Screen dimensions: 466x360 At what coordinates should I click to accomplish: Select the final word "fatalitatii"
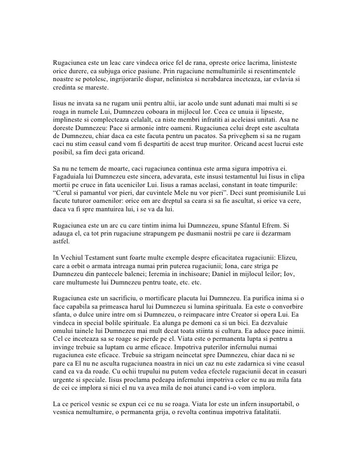pos(261,410)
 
